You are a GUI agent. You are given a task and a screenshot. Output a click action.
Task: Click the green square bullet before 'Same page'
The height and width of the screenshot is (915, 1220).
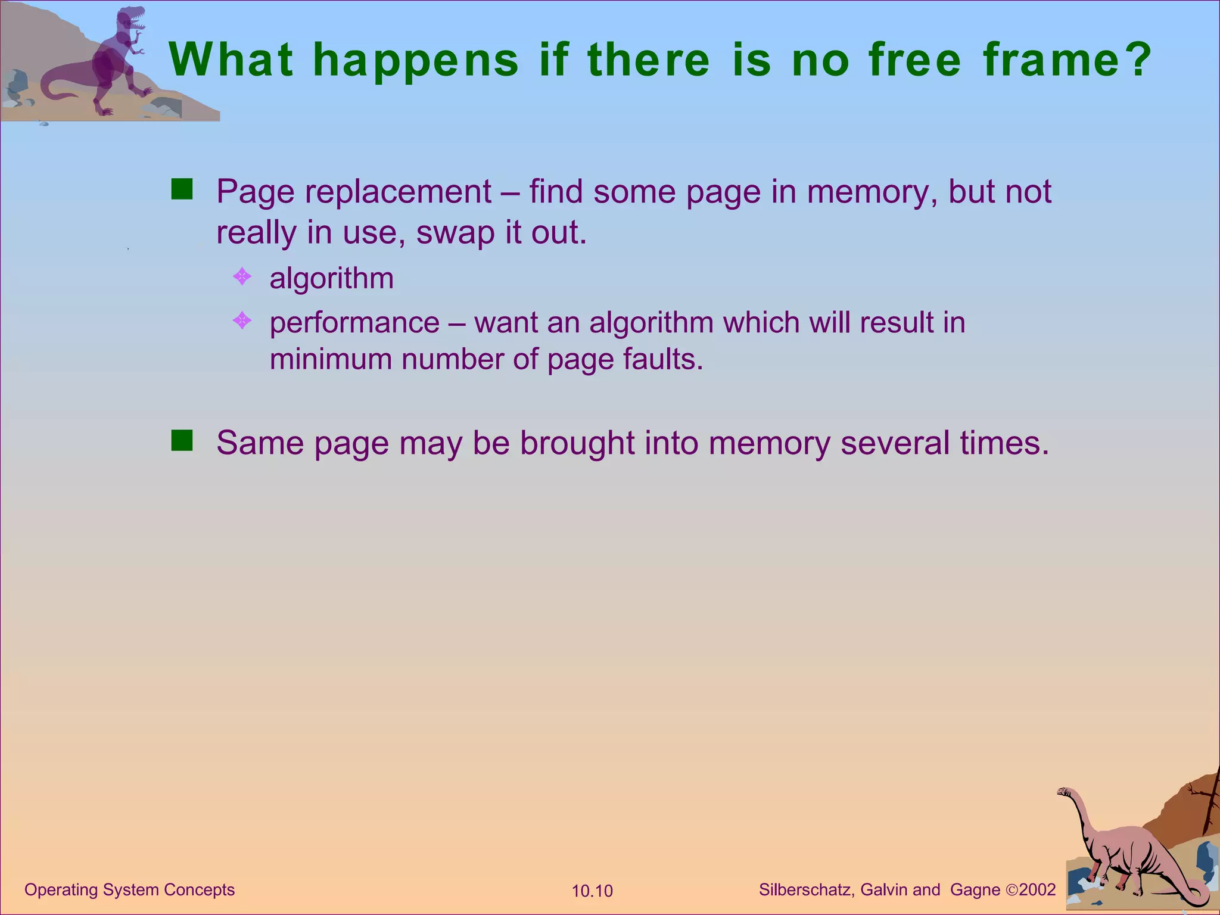[x=182, y=441]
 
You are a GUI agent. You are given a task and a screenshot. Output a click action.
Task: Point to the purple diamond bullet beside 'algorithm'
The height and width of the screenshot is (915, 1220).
[x=242, y=276]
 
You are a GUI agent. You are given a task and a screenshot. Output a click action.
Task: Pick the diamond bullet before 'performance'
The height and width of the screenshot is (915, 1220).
[x=242, y=321]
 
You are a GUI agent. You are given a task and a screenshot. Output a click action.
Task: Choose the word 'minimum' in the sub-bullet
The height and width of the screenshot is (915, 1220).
[x=331, y=359]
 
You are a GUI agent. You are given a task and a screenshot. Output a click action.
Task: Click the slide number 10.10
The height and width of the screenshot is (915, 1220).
[x=592, y=891]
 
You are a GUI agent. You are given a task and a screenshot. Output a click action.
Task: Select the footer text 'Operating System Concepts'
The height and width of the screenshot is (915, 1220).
[x=129, y=890]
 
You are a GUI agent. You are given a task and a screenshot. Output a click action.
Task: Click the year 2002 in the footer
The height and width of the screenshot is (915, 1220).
[x=1037, y=890]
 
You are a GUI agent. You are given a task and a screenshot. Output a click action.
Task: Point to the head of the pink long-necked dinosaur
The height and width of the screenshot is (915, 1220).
[x=1065, y=792]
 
